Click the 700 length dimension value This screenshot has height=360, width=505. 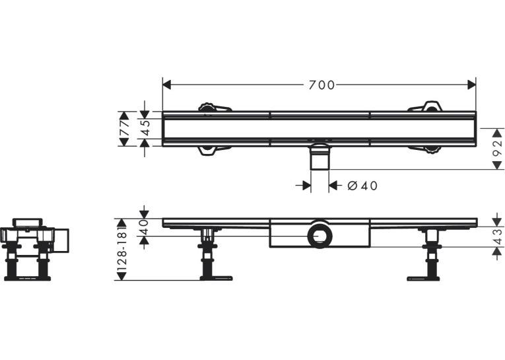click(x=321, y=85)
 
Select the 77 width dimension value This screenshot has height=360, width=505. click(x=125, y=128)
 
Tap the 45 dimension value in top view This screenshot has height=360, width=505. click(x=145, y=128)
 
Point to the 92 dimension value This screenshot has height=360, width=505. click(x=498, y=148)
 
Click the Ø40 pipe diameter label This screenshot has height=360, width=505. click(x=362, y=186)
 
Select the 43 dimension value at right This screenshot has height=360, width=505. click(x=498, y=237)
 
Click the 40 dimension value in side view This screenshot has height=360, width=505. click(x=144, y=227)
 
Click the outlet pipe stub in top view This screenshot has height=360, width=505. click(x=320, y=157)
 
